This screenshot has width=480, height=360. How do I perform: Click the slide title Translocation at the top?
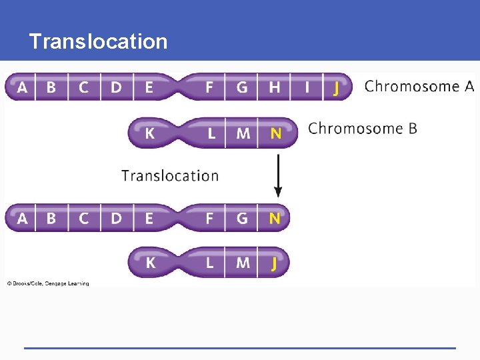click(98, 41)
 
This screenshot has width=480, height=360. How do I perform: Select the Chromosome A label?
click(419, 86)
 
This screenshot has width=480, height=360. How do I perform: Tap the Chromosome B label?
click(363, 128)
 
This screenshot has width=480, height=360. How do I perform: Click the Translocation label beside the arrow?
click(170, 175)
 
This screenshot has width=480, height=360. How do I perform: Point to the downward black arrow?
click(278, 175)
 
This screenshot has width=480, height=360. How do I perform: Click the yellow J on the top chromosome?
click(336, 87)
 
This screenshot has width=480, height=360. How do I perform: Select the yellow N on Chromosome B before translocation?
click(275, 133)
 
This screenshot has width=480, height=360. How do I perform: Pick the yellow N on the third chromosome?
click(275, 218)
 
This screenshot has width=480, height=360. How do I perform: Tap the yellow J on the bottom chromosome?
click(274, 263)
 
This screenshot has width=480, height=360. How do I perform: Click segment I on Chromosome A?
click(307, 87)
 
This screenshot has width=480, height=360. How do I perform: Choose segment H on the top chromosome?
click(274, 87)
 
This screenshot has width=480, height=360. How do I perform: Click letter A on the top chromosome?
click(23, 87)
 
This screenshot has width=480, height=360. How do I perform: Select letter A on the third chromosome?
click(23, 218)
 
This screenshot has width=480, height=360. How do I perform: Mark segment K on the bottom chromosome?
click(151, 263)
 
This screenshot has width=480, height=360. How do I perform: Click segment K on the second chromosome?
click(150, 133)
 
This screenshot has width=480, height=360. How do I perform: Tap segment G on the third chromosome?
click(242, 218)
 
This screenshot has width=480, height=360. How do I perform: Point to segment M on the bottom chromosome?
click(243, 263)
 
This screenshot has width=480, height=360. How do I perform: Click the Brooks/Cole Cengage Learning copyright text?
click(48, 283)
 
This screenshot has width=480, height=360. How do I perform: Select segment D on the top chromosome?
click(116, 87)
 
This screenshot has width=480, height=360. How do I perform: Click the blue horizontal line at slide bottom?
click(240, 347)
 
